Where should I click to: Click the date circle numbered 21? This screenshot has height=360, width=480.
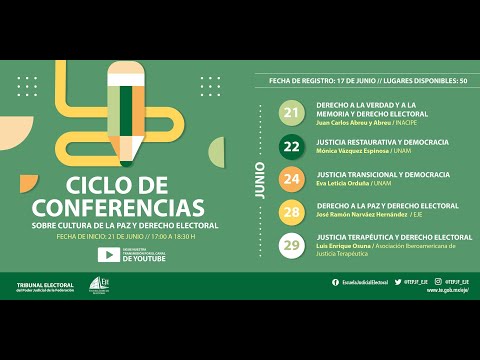[292, 113]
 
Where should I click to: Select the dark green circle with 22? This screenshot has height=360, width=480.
[292, 147]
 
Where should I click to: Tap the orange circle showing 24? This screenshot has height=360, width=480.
[292, 180]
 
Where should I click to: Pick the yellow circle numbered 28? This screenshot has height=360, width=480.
[292, 212]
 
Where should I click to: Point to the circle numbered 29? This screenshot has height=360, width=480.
[292, 245]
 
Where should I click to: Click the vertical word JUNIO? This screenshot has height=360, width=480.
[261, 180]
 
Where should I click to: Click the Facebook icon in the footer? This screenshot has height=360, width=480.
[335, 282]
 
